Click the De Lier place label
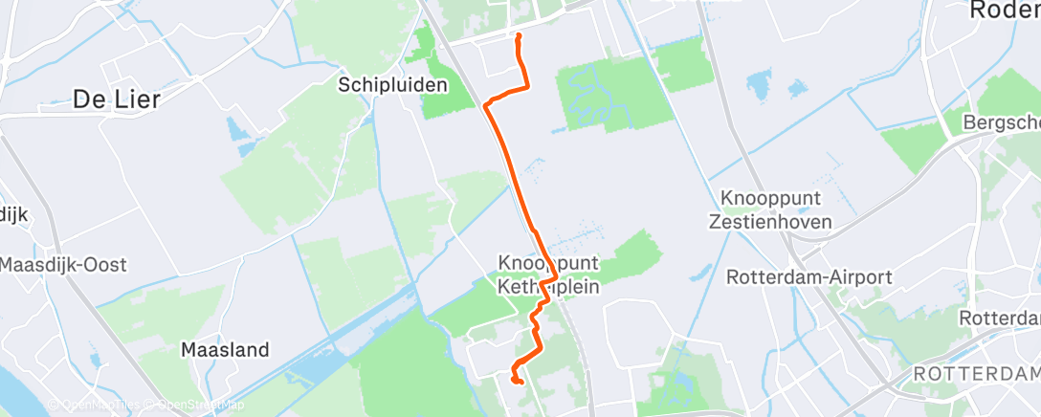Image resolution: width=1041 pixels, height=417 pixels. pos(116,98)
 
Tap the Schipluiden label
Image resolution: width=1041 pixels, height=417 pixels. pos(393,85)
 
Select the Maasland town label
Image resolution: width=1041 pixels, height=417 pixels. pos(225,350)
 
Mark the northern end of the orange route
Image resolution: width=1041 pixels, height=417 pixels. pos(519,35)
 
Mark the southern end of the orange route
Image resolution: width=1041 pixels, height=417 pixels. pos(520,383)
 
